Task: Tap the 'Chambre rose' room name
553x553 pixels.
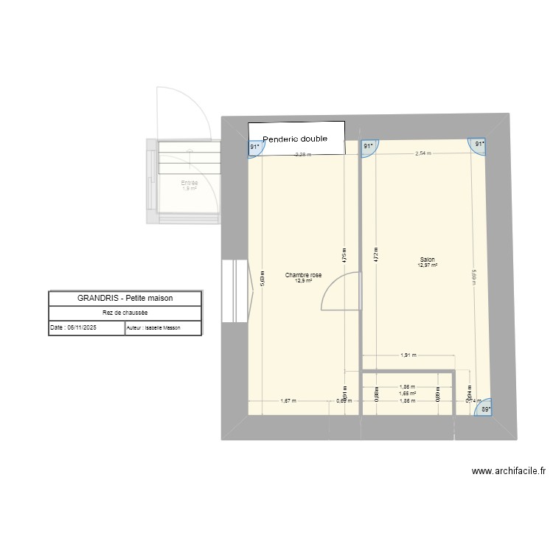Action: [x=303, y=275]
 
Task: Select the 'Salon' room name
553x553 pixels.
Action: [x=427, y=260]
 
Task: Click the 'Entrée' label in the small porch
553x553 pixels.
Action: [x=189, y=182]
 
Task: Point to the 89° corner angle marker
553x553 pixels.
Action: [x=484, y=408]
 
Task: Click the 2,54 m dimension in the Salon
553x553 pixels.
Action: [x=423, y=153]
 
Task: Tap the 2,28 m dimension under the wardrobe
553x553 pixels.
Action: [x=303, y=155]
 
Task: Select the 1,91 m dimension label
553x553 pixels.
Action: [x=407, y=355]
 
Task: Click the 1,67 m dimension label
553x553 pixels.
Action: [x=288, y=401]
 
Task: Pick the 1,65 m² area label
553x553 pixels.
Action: [x=407, y=394]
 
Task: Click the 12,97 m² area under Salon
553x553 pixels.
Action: [x=427, y=265]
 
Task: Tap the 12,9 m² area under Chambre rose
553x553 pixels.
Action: [x=303, y=281]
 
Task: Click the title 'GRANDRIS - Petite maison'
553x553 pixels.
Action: [x=125, y=299]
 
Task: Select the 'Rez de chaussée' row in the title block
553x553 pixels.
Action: [x=125, y=313]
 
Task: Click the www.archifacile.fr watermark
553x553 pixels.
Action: [x=509, y=472]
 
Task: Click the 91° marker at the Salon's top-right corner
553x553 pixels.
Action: [x=480, y=145]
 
